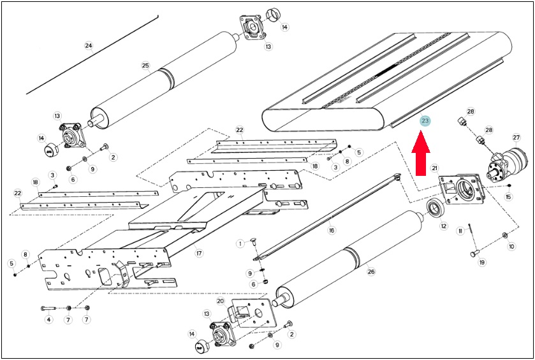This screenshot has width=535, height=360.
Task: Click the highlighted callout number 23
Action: point(425,120)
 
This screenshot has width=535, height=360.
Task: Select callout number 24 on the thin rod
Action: point(89,45)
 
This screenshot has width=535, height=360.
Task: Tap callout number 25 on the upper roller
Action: point(145,66)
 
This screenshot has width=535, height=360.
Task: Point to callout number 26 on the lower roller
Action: point(371,271)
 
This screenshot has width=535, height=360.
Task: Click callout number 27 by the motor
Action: point(516,138)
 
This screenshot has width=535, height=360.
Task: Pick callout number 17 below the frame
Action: point(199,254)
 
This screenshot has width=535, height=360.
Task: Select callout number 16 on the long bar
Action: point(331,231)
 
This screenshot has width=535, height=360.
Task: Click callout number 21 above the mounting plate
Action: point(434,168)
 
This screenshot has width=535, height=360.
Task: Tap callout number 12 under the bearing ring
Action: point(443,226)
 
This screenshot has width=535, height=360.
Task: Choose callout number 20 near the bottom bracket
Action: point(221,301)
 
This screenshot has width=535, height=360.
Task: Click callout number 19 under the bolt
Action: point(482,262)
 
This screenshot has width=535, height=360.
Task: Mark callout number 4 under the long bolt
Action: point(49,320)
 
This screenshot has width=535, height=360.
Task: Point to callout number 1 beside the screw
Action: point(241,243)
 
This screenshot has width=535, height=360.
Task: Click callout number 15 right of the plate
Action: point(509,197)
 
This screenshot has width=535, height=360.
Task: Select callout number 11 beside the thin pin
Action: point(460,231)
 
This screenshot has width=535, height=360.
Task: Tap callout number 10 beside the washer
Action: point(511,246)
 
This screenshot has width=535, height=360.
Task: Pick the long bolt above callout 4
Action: point(48,308)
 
